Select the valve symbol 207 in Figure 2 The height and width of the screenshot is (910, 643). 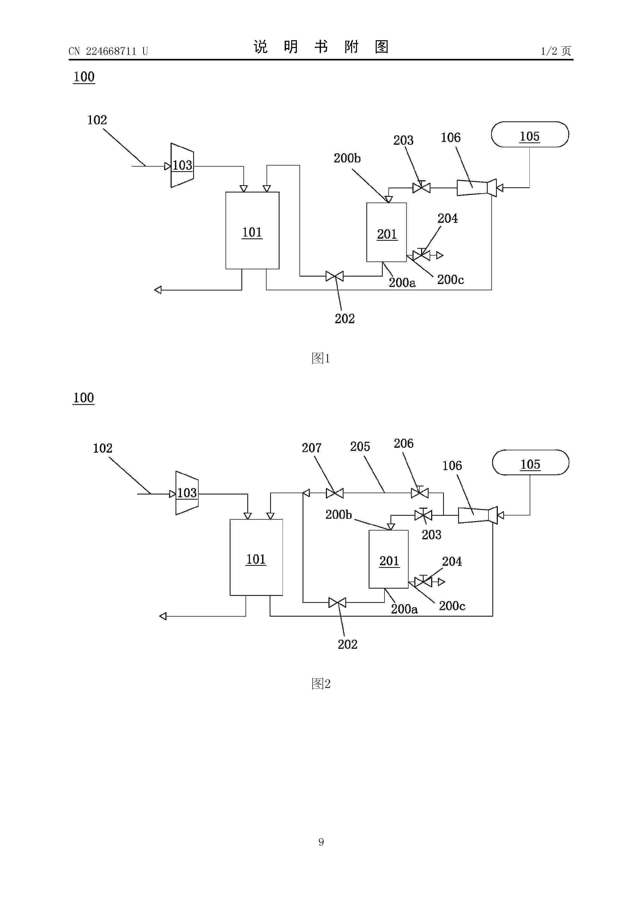[334, 493]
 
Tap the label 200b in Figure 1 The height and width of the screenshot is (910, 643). [347, 158]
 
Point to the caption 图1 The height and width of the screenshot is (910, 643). [321, 358]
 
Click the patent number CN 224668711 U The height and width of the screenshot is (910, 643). [108, 51]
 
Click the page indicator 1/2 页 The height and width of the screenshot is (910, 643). [556, 51]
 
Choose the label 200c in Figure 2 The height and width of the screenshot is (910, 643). [452, 606]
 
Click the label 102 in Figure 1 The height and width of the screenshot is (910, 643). [97, 120]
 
